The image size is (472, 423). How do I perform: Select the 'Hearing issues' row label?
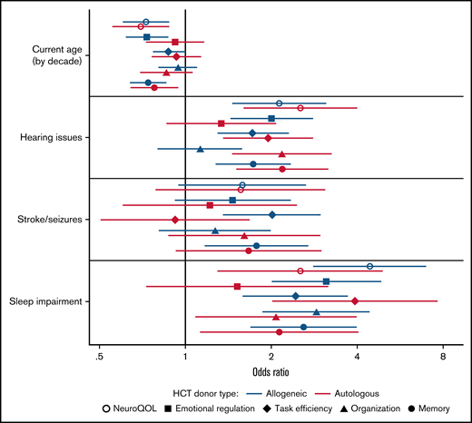click(52, 137)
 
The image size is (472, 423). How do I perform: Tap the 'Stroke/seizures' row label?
click(51, 219)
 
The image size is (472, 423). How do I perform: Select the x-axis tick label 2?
click(271, 358)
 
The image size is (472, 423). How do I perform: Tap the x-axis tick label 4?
click(358, 358)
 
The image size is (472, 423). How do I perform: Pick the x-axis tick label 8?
click(444, 358)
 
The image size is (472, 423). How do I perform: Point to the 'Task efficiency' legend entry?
click(305, 409)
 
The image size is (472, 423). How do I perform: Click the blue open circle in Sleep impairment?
click(370, 266)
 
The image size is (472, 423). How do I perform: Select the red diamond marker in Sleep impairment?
click(355, 300)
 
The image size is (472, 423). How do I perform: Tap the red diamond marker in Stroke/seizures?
click(175, 219)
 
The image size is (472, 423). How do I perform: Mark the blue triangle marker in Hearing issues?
click(201, 148)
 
